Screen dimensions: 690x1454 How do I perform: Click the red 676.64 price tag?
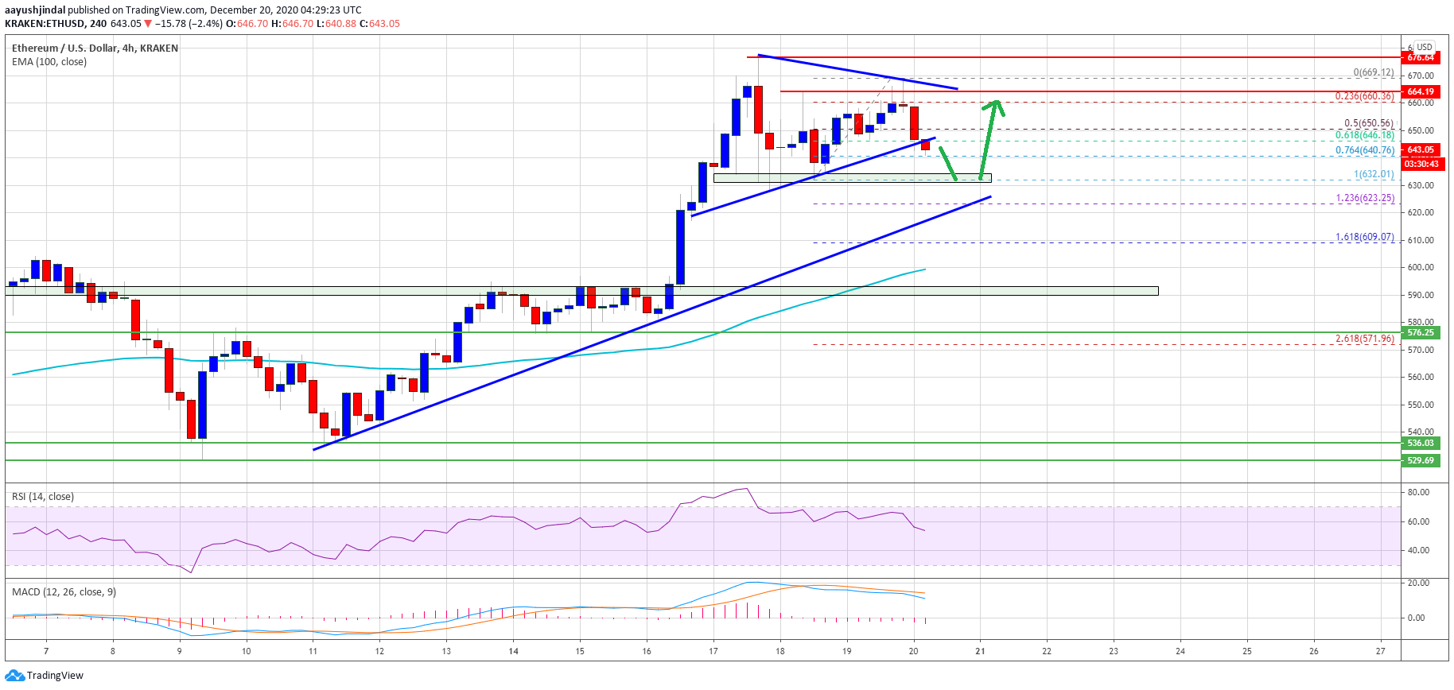point(1420,57)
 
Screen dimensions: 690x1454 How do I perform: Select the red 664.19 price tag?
point(1420,91)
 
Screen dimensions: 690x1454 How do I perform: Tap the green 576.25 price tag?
point(1420,332)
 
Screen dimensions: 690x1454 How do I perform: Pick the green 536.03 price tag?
point(1420,443)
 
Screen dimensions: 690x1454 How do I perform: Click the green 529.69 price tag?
point(1420,460)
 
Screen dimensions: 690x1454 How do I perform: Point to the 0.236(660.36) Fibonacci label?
point(1364,96)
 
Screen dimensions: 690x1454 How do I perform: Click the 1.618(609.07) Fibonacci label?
point(1364,237)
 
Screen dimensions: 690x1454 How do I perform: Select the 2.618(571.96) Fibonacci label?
point(1364,339)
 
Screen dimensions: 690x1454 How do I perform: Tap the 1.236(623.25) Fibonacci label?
point(1364,198)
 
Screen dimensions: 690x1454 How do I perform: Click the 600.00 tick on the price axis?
point(1420,267)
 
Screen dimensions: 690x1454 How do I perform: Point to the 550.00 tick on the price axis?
point(1420,405)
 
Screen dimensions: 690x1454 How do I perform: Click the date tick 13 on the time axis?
point(446,651)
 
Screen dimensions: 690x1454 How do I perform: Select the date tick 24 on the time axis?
point(1180,651)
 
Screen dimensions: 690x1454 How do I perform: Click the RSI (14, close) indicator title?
point(43,497)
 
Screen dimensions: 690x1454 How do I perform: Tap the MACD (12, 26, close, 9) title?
point(64,592)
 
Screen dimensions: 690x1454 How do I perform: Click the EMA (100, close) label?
point(49,62)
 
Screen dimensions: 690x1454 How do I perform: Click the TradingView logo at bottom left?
point(45,676)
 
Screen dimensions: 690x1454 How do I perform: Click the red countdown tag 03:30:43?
point(1421,164)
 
